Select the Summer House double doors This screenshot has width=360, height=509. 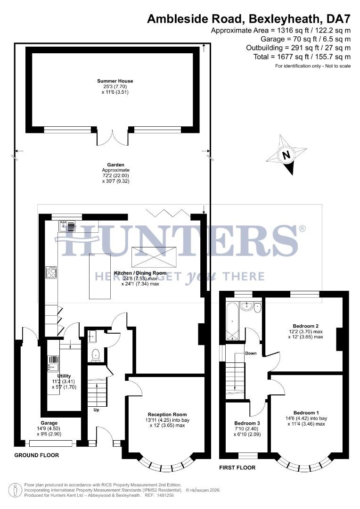112,137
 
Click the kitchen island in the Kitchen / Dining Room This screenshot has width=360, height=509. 100,276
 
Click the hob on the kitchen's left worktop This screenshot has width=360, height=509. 51,273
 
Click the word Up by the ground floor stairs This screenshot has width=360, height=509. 96,410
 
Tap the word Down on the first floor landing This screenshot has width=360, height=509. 251,353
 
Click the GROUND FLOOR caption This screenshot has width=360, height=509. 36,455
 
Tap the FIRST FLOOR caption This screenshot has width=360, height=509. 237,468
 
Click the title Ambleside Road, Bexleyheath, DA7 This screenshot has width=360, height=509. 249,19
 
